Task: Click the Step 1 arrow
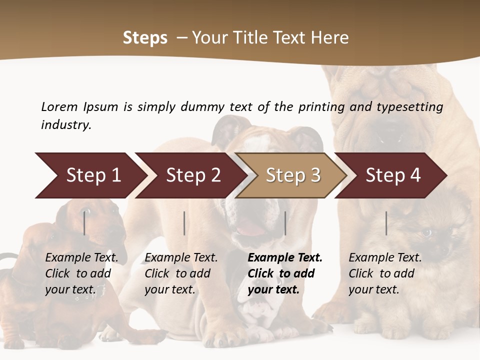90,175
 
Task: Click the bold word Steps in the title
145,38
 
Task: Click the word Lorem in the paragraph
59,106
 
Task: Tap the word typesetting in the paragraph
409,107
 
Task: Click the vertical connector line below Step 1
84,223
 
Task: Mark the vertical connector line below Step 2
184,223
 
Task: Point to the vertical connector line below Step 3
285,223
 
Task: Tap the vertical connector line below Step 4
386,223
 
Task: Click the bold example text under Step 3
284,273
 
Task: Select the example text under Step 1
81,273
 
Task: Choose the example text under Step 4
385,273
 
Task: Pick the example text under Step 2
181,273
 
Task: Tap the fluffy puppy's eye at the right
426,232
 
